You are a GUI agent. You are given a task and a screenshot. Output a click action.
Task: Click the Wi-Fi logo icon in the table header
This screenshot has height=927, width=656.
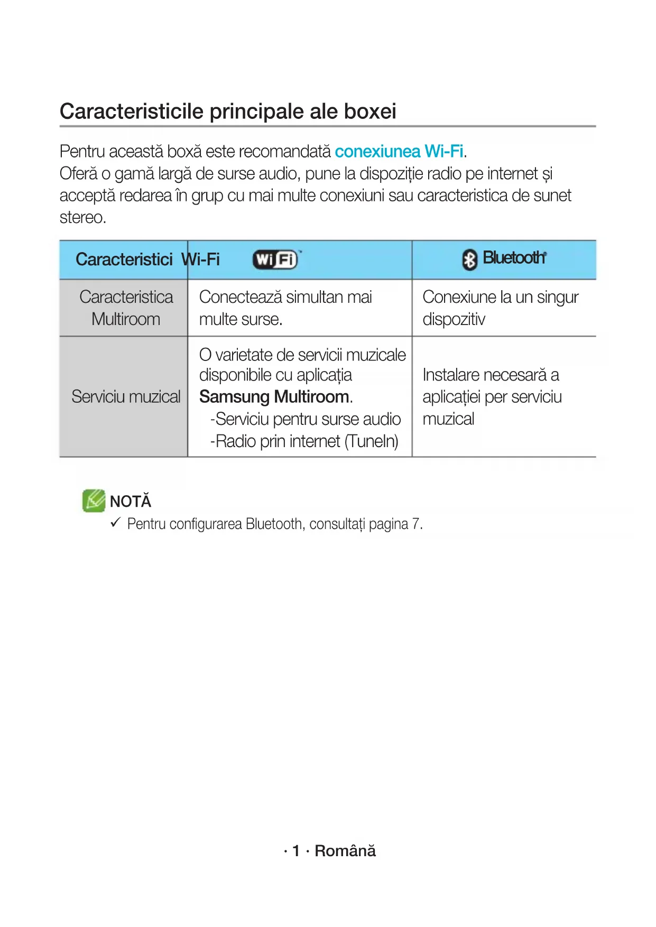[x=275, y=259]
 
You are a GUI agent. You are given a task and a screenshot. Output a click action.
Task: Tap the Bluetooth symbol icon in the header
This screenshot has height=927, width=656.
[x=469, y=259]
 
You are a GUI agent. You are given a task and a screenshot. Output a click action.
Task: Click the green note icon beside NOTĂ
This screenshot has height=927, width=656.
[x=94, y=500]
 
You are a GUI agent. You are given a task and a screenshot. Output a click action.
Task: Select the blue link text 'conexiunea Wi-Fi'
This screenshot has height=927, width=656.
[x=399, y=152]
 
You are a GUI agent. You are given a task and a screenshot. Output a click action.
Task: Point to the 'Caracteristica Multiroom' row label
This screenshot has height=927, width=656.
[x=126, y=308]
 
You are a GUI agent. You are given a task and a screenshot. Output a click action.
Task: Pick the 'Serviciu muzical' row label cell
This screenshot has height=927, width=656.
[x=126, y=396]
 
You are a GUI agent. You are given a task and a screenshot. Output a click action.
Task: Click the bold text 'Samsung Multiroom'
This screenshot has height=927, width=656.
[x=274, y=396]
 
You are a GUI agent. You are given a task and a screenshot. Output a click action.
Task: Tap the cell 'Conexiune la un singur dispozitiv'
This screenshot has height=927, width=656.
[x=500, y=308]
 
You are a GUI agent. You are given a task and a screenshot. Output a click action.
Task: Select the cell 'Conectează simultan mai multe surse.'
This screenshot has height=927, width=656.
[x=285, y=308]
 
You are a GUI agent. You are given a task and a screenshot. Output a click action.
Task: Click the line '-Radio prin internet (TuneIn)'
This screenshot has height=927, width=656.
[x=304, y=441]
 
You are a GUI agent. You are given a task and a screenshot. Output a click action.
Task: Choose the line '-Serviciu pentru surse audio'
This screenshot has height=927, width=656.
[x=305, y=419]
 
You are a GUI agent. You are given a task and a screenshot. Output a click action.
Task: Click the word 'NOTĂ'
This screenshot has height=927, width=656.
[x=131, y=501]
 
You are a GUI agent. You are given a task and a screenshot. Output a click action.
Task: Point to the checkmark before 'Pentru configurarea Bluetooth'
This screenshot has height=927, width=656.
[x=116, y=523]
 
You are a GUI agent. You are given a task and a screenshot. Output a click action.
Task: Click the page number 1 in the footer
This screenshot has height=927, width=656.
[x=296, y=851]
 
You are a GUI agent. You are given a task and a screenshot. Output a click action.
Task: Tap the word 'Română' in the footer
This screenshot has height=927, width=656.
[x=345, y=851]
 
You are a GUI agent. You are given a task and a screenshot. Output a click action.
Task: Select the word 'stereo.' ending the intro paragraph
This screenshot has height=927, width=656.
[x=83, y=218]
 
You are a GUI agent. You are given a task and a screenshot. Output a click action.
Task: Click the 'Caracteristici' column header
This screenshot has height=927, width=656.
[x=124, y=259]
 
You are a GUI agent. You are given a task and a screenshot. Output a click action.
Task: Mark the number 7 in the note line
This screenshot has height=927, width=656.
[x=416, y=524]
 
